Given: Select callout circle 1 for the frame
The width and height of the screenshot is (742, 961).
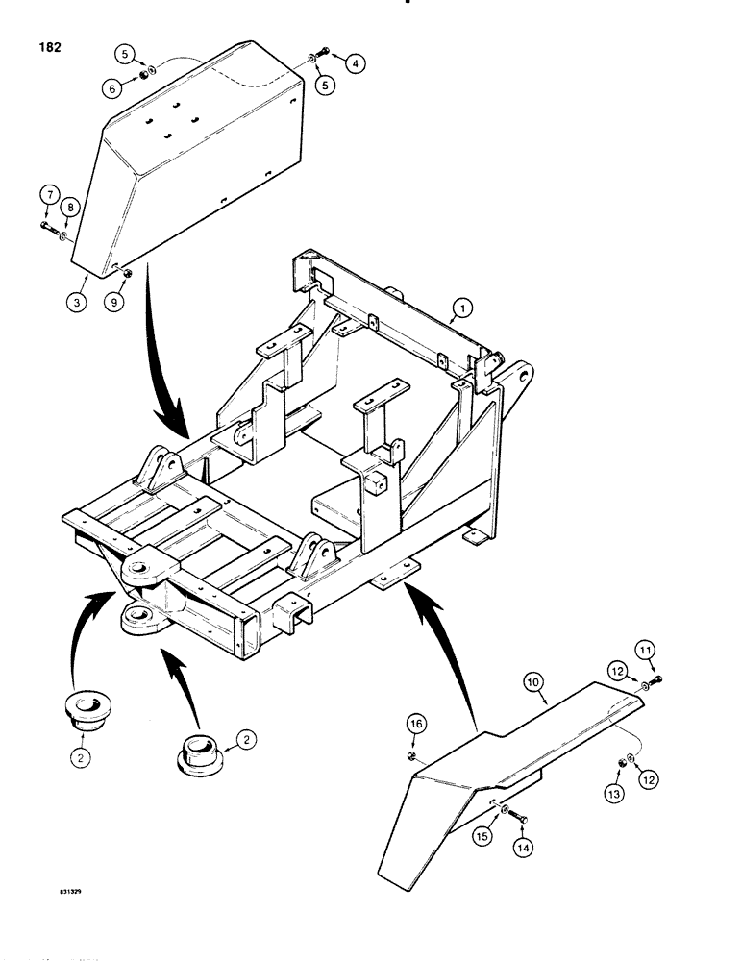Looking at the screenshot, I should click(x=461, y=308).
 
